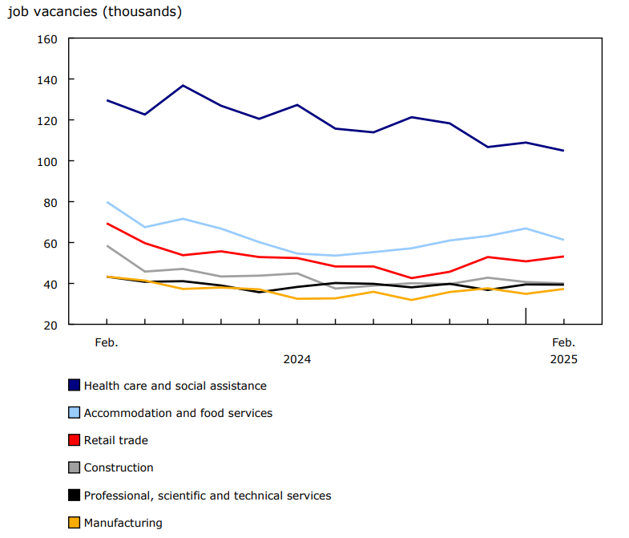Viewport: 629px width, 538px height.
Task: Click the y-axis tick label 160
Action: point(47,38)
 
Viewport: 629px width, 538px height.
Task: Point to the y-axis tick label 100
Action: point(47,161)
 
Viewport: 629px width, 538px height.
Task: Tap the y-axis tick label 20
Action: point(50,325)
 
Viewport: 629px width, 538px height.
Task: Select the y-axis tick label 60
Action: point(50,243)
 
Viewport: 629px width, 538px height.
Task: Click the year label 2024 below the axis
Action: point(296,359)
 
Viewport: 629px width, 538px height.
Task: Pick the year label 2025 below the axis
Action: point(563,359)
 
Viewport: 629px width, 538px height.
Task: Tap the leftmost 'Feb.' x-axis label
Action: point(107,342)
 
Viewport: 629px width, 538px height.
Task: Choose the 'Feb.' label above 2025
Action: point(563,342)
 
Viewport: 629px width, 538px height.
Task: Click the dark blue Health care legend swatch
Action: point(75,386)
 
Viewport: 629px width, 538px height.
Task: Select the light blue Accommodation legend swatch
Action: point(75,413)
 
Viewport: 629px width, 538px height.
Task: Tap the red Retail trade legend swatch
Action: point(75,440)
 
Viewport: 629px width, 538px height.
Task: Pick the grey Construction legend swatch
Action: point(75,467)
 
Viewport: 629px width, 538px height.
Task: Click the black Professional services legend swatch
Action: point(75,496)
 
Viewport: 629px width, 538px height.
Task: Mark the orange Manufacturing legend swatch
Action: point(75,523)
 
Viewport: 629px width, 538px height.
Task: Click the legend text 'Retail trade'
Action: point(116,440)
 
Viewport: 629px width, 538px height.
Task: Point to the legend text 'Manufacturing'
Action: point(123,523)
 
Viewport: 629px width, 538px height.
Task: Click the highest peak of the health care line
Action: point(183,85)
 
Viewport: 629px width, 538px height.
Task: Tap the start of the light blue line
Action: point(107,202)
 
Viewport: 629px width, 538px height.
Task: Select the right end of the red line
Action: point(563,257)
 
